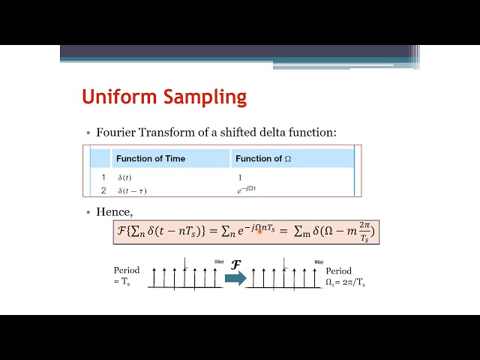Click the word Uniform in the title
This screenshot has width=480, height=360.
(113, 97)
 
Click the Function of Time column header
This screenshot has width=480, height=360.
(150, 158)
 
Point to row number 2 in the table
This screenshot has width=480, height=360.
(103, 190)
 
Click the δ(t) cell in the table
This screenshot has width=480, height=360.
(124, 178)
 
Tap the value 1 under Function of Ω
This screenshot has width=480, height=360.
(239, 178)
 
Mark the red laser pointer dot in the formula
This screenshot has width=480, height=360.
(259, 232)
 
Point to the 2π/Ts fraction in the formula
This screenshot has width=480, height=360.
(364, 232)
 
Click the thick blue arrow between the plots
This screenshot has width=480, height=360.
(235, 278)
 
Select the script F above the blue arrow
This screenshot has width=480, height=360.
(235, 264)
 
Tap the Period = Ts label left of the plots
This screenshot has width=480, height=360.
(127, 275)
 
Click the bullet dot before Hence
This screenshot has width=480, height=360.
(88, 212)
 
